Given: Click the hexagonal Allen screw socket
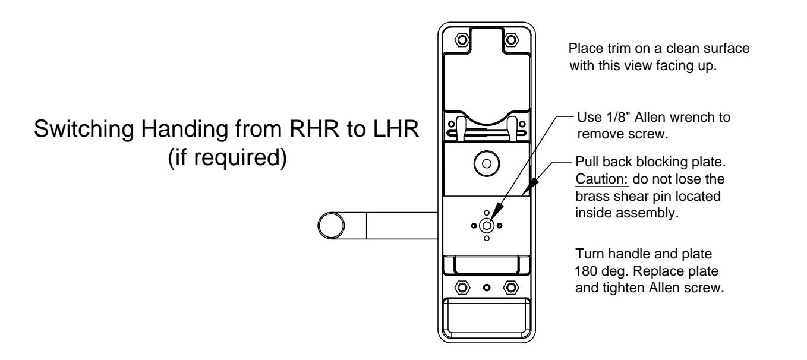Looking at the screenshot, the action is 486,226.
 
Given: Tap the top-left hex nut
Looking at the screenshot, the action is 462,40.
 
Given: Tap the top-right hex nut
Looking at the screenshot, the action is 511,40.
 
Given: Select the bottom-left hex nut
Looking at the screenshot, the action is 462,288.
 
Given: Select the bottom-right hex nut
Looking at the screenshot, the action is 511,288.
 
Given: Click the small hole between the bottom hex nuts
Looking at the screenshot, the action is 487,288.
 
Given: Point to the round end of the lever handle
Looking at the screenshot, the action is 331,226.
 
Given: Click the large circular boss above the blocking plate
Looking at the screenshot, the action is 486,164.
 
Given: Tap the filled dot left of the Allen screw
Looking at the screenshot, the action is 474,226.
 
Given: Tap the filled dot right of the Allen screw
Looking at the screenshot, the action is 499,226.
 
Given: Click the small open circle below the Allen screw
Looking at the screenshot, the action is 487,238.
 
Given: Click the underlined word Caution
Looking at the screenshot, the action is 601,179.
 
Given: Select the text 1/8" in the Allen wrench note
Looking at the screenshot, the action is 619,117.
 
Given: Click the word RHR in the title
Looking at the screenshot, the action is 314,128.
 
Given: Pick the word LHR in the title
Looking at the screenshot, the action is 396,128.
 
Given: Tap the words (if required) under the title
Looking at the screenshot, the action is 228,157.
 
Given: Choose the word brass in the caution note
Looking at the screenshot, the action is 591,196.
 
